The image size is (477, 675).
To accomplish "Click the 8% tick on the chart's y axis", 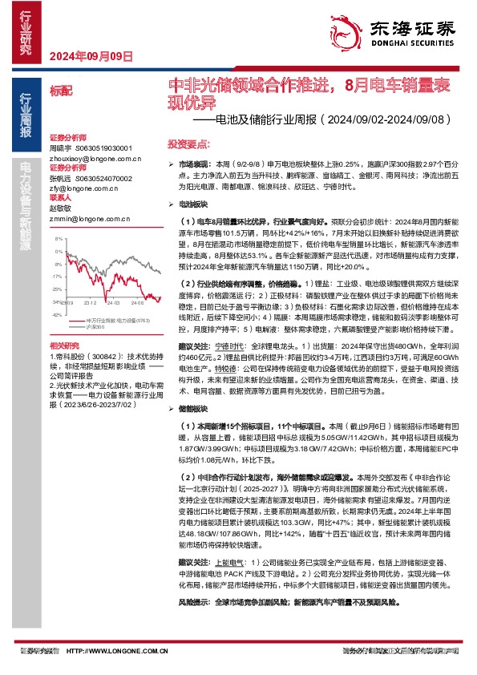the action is pos(59,240).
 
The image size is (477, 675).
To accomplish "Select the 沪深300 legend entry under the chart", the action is pos(95,329).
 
